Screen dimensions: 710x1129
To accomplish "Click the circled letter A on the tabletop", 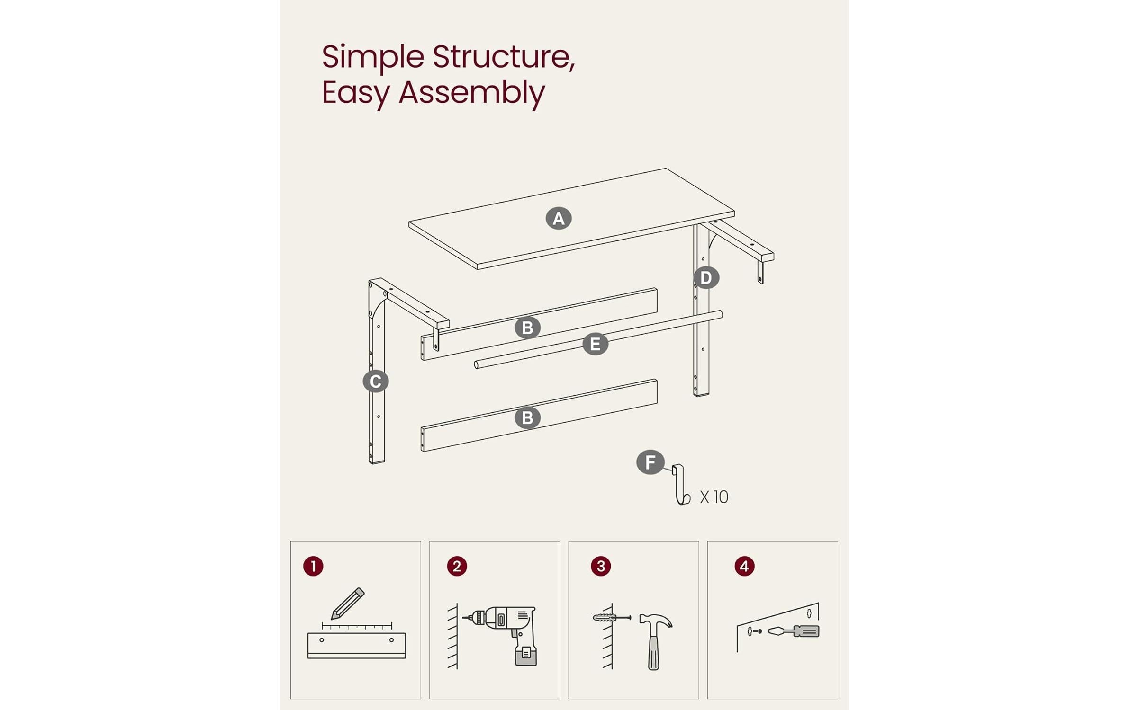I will tap(558, 218).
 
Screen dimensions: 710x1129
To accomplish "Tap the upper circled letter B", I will tap(527, 328).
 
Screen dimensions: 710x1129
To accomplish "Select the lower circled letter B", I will tap(527, 418).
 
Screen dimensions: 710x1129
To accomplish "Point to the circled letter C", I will tap(375, 382).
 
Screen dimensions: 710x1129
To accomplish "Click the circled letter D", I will tap(706, 278).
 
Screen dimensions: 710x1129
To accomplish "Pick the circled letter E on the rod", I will tap(595, 344).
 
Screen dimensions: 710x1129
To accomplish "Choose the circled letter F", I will tap(650, 462).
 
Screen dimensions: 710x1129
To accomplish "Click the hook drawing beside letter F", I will tap(680, 485).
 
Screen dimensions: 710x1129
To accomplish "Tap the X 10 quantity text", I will tap(714, 497).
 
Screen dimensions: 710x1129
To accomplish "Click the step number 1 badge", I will tap(313, 566).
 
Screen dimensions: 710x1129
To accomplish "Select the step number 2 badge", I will tap(457, 566).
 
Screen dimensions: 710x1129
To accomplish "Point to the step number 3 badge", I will tap(600, 566).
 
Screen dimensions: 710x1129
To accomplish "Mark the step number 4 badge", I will tap(744, 566).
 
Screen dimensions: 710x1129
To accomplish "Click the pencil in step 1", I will tap(348, 603).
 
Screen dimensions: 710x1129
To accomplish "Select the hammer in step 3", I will tap(654, 639).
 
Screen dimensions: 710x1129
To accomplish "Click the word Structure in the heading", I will tap(503, 57).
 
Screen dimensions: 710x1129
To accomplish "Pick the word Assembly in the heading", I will tap(471, 93).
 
